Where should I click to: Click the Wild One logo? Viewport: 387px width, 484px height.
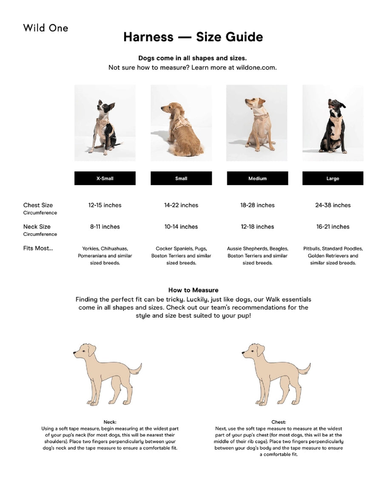point(46,28)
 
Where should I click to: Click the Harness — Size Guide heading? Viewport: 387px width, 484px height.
point(193,37)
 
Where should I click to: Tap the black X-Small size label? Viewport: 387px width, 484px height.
point(105,178)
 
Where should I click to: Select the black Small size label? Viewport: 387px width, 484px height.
point(181,178)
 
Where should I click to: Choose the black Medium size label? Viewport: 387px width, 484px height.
point(257,178)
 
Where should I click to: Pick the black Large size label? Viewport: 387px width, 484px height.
point(333,178)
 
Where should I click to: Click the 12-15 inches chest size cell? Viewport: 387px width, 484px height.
point(105,205)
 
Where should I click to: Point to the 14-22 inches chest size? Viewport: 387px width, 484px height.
point(181,205)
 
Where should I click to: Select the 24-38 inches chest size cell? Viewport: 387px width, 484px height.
point(333,205)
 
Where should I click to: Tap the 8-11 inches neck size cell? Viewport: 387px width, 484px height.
point(105,227)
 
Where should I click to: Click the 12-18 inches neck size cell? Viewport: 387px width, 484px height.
point(257,227)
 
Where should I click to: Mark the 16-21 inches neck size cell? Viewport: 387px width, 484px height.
point(333,227)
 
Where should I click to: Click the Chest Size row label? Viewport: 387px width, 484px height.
point(38,205)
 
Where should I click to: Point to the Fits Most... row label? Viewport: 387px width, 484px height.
point(38,248)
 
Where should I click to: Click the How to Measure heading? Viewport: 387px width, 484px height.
point(193,290)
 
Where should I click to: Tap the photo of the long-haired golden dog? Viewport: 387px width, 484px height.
point(181,123)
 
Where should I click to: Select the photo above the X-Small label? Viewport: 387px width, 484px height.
point(105,123)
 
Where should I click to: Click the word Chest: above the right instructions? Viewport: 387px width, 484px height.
point(279,422)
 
